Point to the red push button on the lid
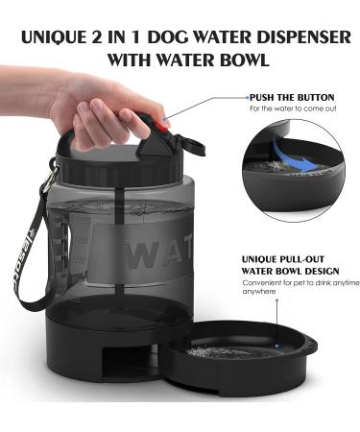click(x=164, y=122)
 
